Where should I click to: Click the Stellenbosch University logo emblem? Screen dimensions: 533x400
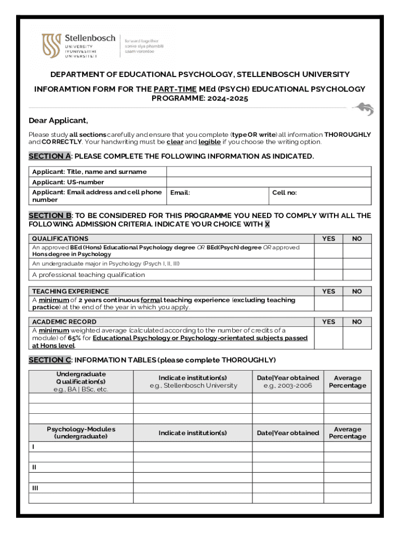click(51, 46)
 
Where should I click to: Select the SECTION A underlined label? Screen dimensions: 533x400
click(49, 156)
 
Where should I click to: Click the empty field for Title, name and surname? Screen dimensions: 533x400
click(269, 172)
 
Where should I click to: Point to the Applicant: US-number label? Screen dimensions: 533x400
click(68, 182)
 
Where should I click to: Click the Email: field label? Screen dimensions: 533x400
click(180, 193)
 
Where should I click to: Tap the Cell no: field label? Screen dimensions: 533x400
click(285, 193)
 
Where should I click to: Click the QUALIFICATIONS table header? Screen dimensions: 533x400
click(60, 238)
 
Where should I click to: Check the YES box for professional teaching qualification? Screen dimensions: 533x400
click(328, 275)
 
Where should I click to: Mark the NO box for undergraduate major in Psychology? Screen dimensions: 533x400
click(357, 264)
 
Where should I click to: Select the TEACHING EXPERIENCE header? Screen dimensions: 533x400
click(71, 291)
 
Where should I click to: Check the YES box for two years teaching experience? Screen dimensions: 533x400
click(328, 303)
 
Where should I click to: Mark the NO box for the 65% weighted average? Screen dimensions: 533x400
click(357, 338)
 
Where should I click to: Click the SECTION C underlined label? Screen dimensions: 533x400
click(49, 360)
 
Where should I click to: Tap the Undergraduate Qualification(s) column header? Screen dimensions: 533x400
click(81, 382)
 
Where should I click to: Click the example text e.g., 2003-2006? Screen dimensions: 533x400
click(288, 386)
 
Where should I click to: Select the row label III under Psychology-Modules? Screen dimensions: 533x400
click(35, 488)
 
